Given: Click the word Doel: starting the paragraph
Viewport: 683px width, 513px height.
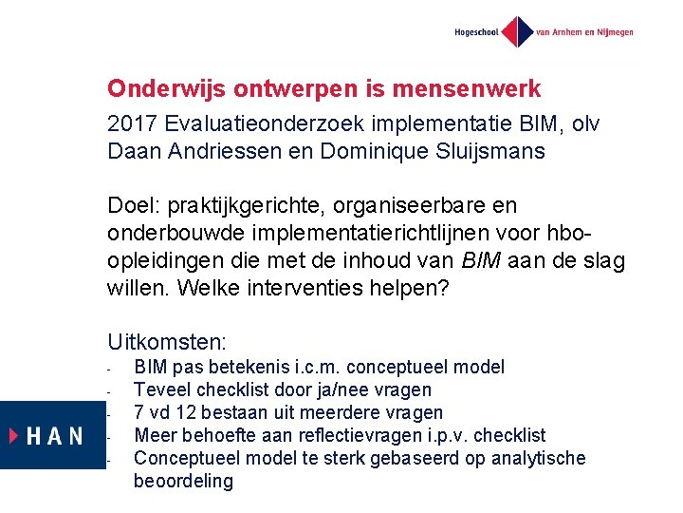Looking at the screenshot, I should click(x=134, y=206).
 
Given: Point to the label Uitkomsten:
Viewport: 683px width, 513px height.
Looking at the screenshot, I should click(x=170, y=341).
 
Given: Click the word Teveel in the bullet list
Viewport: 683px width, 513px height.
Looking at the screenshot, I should click(x=160, y=389).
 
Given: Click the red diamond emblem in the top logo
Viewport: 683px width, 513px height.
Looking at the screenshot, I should click(x=516, y=31).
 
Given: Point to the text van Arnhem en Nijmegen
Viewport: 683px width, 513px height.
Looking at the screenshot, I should click(x=585, y=31).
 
